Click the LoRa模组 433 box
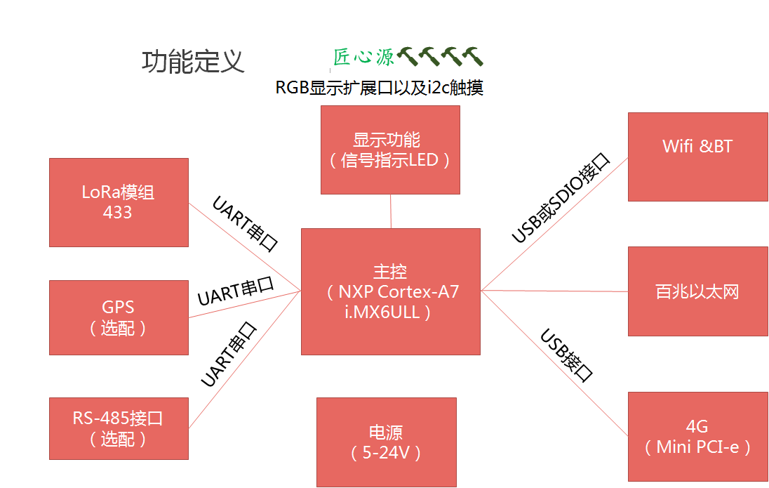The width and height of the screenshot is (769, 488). click(119, 202)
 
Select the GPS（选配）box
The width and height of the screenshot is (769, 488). click(119, 317)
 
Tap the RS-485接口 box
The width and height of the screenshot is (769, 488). click(119, 428)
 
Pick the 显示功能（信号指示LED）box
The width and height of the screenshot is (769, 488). click(390, 150)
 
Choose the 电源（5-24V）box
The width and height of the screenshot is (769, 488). click(386, 442)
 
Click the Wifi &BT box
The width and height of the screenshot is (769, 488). click(697, 157)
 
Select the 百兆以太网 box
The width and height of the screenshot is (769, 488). click(697, 291)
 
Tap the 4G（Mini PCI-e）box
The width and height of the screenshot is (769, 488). click(697, 436)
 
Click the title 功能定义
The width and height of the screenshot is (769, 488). click(193, 62)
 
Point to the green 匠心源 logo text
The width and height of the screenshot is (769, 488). click(363, 58)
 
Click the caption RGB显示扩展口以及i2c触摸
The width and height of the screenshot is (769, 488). click(379, 88)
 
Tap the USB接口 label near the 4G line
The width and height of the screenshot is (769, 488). click(566, 355)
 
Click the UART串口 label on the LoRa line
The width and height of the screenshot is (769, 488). click(246, 224)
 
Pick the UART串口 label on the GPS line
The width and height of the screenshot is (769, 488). click(235, 291)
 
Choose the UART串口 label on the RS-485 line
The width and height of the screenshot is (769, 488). click(229, 355)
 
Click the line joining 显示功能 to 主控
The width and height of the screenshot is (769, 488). click(390, 211)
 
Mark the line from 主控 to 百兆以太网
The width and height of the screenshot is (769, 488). click(554, 291)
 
